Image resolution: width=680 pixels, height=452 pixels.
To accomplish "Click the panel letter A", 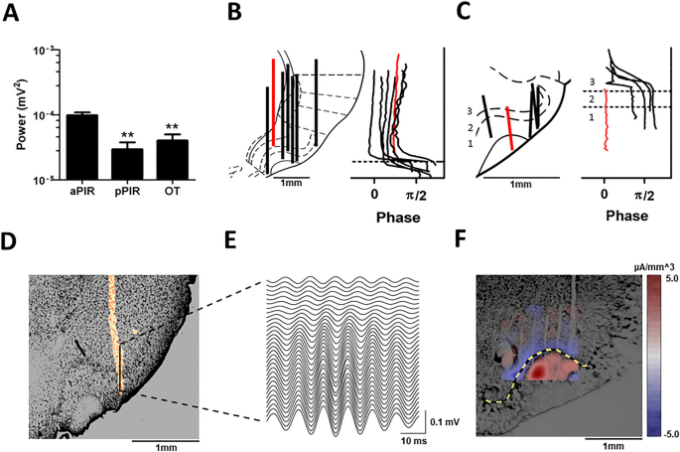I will point(15,13).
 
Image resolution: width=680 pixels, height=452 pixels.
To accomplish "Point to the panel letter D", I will point(13,242).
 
